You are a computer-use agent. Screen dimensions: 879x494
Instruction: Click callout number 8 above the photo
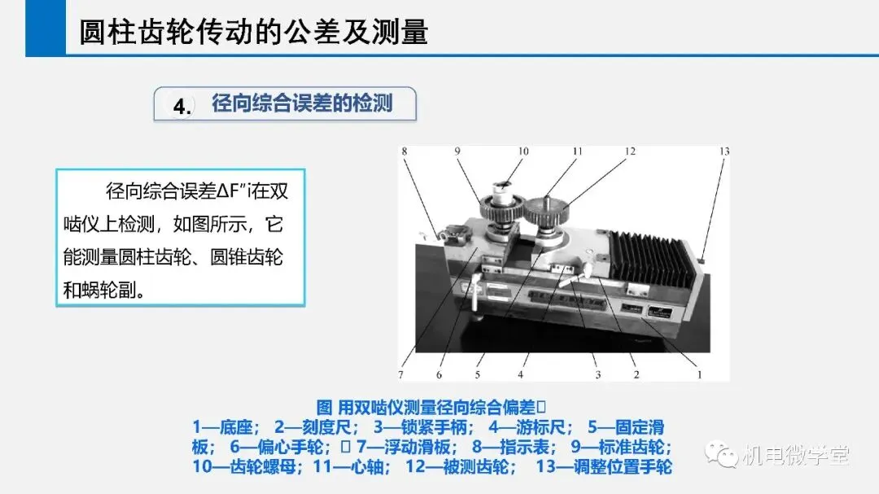tap(405, 151)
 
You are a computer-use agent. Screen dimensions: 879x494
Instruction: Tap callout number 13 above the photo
tap(724, 151)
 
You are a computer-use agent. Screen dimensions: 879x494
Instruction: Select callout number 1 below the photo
tap(700, 374)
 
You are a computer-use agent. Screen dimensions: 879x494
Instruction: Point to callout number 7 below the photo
tap(400, 374)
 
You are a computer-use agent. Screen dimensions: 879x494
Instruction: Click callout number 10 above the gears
tap(523, 151)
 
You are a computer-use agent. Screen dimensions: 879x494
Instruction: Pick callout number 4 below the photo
tap(521, 374)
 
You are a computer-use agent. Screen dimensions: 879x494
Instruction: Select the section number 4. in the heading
tap(181, 106)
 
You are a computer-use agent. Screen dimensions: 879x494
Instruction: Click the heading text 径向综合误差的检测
tap(302, 103)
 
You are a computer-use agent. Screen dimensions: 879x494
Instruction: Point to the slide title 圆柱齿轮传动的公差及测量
tap(253, 32)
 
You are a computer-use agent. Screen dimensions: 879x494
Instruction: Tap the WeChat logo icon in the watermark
tap(721, 454)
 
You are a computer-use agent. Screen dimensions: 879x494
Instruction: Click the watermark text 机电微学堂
tap(795, 455)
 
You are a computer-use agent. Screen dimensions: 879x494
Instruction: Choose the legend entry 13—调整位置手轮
tap(604, 466)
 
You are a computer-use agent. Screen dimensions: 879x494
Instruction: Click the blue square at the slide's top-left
tap(46, 28)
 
